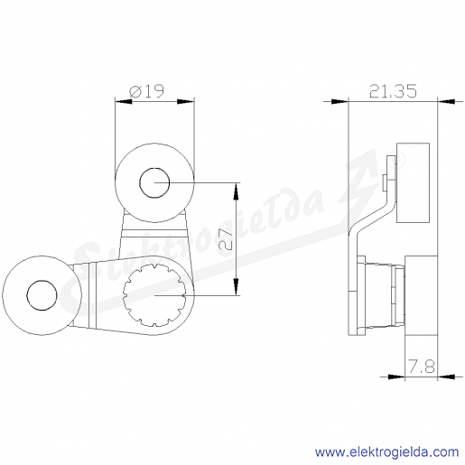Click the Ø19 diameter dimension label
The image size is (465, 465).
[x=146, y=91]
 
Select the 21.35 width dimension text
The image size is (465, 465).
[x=393, y=91]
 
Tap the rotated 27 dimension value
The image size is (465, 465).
[x=226, y=240]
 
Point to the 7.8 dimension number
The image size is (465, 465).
[x=422, y=367]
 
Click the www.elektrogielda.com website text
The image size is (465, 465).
[x=386, y=452]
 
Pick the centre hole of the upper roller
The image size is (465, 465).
[x=154, y=182]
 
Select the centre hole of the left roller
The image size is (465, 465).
[x=42, y=295]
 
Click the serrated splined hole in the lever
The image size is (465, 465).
[x=154, y=295]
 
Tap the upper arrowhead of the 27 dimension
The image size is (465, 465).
[x=237, y=191]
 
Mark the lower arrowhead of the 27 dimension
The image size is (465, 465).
[x=237, y=287]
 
